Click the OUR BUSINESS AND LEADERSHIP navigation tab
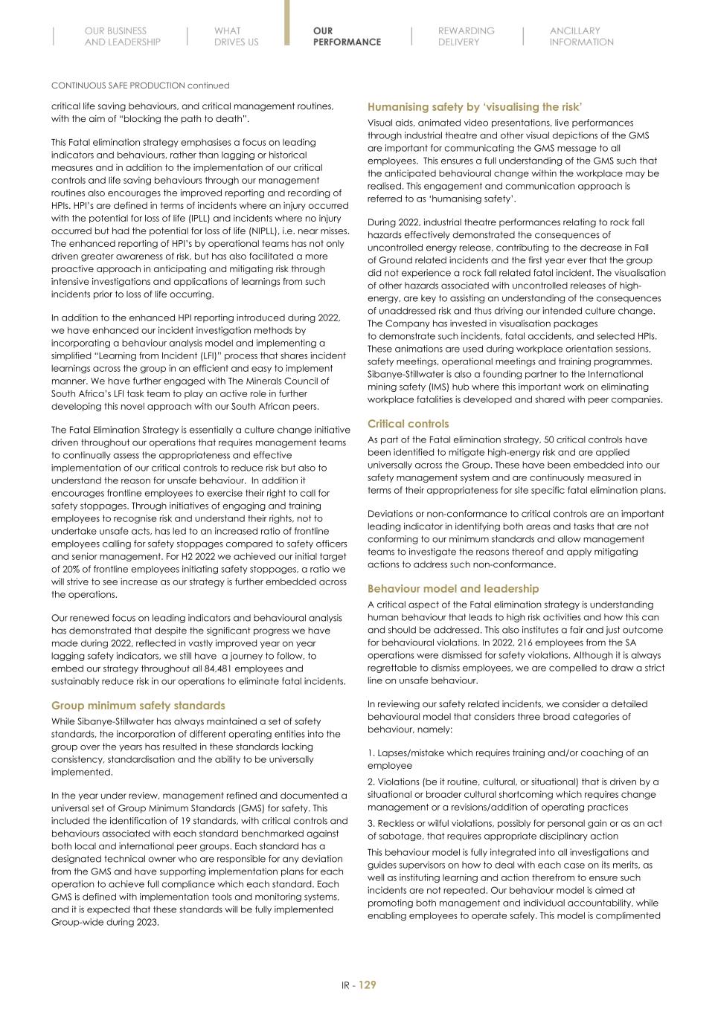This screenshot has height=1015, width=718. click(x=122, y=36)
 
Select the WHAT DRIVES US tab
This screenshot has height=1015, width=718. click(x=236, y=36)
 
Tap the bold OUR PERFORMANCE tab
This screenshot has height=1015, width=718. click(x=347, y=36)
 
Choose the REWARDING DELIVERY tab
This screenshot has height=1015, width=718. click(x=466, y=36)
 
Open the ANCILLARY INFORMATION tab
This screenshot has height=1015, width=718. click(x=581, y=36)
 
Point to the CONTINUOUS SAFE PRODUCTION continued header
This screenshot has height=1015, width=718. click(x=140, y=86)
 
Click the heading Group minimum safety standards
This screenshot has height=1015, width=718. click(x=138, y=705)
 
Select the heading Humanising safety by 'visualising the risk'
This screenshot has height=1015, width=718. click(x=475, y=107)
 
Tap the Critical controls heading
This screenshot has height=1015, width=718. click(x=408, y=424)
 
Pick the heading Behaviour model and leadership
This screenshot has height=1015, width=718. click(x=452, y=589)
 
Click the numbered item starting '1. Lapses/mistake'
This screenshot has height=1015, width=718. click(x=507, y=758)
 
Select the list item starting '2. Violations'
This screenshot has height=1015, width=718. click(x=513, y=794)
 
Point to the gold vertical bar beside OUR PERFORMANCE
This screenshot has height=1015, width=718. click(x=287, y=23)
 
